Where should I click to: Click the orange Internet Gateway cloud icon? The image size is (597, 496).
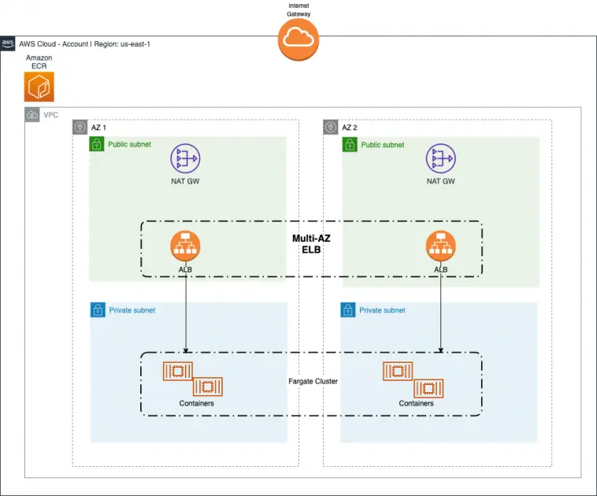click(x=298, y=39)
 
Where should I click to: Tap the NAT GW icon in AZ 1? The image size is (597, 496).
click(x=186, y=160)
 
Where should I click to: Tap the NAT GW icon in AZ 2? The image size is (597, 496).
click(x=441, y=160)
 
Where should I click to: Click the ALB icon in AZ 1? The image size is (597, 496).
click(x=185, y=246)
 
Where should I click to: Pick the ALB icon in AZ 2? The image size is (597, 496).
click(x=441, y=246)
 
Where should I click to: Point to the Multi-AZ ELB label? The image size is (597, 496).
click(x=311, y=243)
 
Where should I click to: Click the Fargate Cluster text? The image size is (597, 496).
click(x=313, y=381)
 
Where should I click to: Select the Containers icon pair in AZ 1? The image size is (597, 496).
click(x=192, y=379)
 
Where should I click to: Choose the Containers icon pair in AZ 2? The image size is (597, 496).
click(x=412, y=379)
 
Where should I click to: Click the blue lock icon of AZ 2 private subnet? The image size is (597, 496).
click(x=348, y=310)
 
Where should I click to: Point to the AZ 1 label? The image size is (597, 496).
click(x=98, y=128)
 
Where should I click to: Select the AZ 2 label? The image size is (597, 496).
click(x=349, y=128)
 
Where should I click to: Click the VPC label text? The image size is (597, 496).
click(x=50, y=115)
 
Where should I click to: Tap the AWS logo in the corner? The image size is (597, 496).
click(x=8, y=43)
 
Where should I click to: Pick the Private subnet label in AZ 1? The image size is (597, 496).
click(x=132, y=310)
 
